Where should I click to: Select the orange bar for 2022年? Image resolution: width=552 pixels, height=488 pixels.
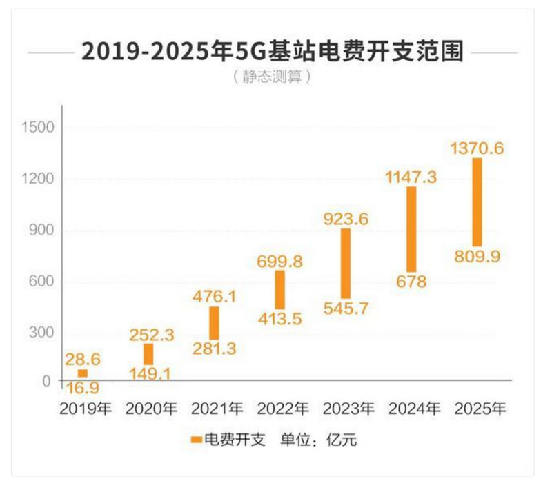(279, 289)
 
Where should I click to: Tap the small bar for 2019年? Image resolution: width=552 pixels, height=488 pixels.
(83, 373)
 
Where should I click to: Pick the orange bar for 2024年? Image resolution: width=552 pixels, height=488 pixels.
(411, 228)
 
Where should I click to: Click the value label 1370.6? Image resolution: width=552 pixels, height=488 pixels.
(477, 148)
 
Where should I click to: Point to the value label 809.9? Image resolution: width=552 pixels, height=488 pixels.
(477, 257)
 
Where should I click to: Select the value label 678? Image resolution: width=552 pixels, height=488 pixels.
(411, 282)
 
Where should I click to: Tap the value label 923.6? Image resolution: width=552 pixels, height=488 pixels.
(346, 219)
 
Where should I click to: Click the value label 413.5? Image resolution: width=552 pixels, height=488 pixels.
(279, 318)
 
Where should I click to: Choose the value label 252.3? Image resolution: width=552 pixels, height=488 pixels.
(149, 334)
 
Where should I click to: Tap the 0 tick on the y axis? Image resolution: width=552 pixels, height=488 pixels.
(47, 381)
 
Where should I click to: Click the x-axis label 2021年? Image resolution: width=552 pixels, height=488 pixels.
(214, 409)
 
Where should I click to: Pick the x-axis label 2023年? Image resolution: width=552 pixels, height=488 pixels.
(346, 409)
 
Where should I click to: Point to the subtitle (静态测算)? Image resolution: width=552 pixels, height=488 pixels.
(271, 76)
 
